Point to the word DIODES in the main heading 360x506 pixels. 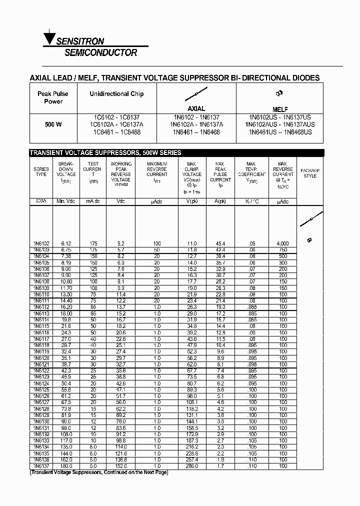[x=302, y=78]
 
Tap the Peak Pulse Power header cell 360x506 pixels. [x=53, y=97]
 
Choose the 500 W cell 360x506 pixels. [x=53, y=124]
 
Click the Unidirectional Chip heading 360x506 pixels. [x=116, y=94]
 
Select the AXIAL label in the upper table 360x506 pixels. [x=196, y=108]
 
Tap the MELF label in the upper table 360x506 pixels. [x=280, y=109]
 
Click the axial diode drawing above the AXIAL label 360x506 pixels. [x=196, y=93]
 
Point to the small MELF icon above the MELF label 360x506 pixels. [x=280, y=93]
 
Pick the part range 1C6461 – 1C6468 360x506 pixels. [x=116, y=132]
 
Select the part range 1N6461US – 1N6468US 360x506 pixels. [x=280, y=132]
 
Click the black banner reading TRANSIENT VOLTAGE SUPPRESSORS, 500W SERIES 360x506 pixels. [x=105, y=153]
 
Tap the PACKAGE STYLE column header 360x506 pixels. [x=310, y=173]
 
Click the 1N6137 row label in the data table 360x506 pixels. [x=41, y=465]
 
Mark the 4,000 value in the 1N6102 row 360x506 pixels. [x=282, y=243]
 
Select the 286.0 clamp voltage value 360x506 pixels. [x=192, y=465]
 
